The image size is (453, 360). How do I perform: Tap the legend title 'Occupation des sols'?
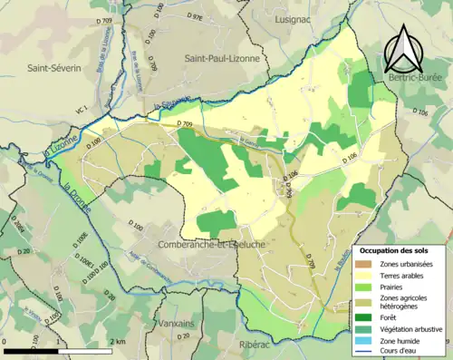coord(400,249)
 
